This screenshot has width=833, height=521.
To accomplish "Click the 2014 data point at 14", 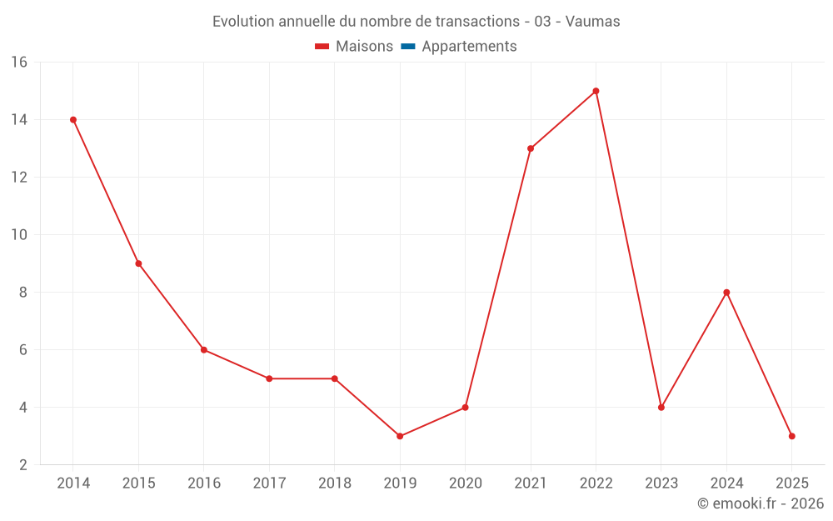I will click(x=73, y=120).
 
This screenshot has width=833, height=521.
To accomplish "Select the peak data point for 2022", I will click(x=596, y=91).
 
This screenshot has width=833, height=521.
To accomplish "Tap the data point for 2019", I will click(x=400, y=436).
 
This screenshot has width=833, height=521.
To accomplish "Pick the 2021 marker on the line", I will click(x=531, y=148).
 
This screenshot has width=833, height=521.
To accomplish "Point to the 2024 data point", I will click(x=726, y=293).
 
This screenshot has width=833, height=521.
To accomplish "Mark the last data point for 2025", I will click(x=791, y=436).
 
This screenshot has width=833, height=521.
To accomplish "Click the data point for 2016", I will click(x=204, y=350).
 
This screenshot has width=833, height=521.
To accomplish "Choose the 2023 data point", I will click(x=661, y=408).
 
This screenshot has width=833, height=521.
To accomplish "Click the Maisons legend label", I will click(x=364, y=47).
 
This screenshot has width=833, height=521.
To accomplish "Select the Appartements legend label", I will click(x=469, y=47).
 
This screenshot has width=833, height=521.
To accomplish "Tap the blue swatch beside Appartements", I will click(x=407, y=47).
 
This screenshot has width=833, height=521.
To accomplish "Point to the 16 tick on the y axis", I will click(x=19, y=63).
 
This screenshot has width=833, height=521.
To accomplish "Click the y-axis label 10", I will click(x=19, y=235).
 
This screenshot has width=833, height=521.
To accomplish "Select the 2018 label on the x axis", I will click(x=335, y=483).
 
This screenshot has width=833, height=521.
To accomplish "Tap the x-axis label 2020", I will click(x=466, y=483).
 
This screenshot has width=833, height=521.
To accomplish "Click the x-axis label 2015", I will click(x=138, y=483).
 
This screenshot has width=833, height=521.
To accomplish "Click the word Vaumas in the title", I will click(x=592, y=22).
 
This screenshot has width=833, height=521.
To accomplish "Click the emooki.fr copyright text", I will click(x=760, y=503).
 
